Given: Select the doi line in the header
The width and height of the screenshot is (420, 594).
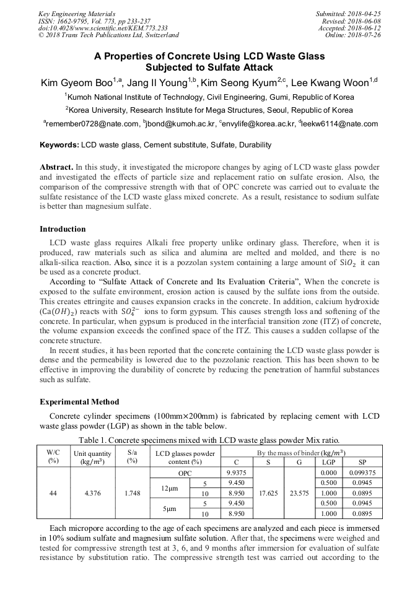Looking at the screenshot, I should click(103, 28).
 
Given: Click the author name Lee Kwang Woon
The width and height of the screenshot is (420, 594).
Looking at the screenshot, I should click(332, 83).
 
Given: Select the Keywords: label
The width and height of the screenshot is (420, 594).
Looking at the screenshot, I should click(59, 145).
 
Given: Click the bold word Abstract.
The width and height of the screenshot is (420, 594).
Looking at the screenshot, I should click(56, 168).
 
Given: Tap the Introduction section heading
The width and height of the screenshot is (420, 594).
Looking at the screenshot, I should click(63, 229).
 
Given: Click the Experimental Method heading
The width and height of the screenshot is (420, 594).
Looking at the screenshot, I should click(79, 402).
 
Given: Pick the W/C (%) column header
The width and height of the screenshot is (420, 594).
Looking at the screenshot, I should click(53, 456).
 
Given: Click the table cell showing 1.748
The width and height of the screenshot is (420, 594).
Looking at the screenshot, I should click(132, 493).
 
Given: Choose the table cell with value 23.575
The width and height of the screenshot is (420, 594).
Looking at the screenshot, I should click(299, 493).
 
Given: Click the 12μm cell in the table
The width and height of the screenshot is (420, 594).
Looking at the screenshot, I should click(169, 488).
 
